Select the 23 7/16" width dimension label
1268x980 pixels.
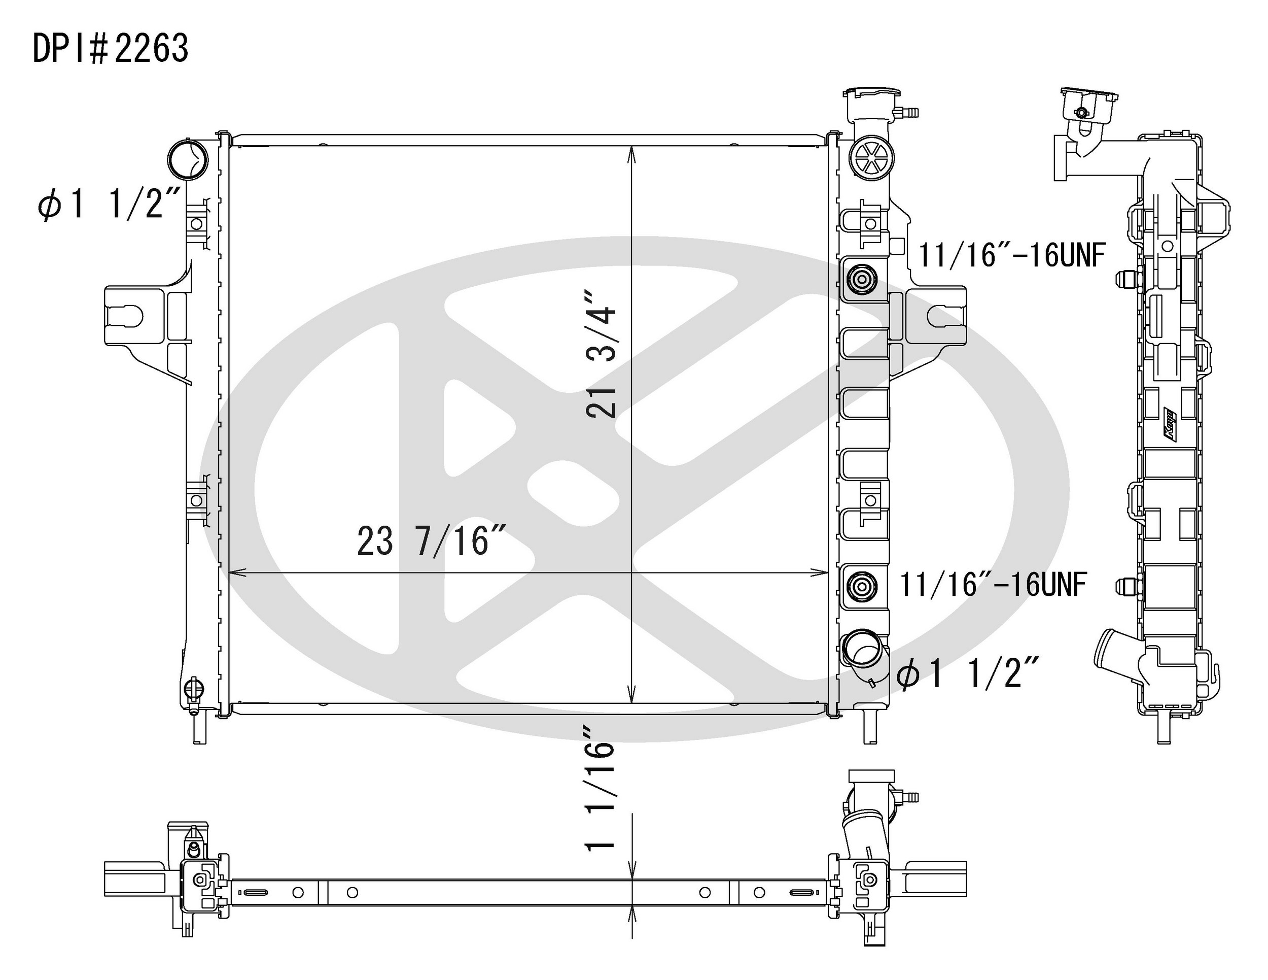click(432, 542)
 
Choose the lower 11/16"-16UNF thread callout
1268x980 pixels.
click(992, 585)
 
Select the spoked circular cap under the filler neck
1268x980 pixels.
click(871, 157)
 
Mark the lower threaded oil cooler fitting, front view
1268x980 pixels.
click(862, 586)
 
